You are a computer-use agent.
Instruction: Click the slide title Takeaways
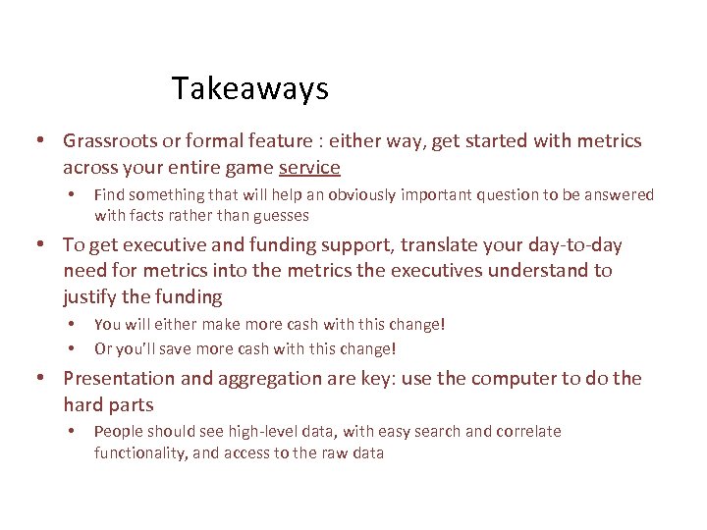click(249, 89)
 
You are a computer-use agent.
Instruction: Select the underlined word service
click(309, 168)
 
